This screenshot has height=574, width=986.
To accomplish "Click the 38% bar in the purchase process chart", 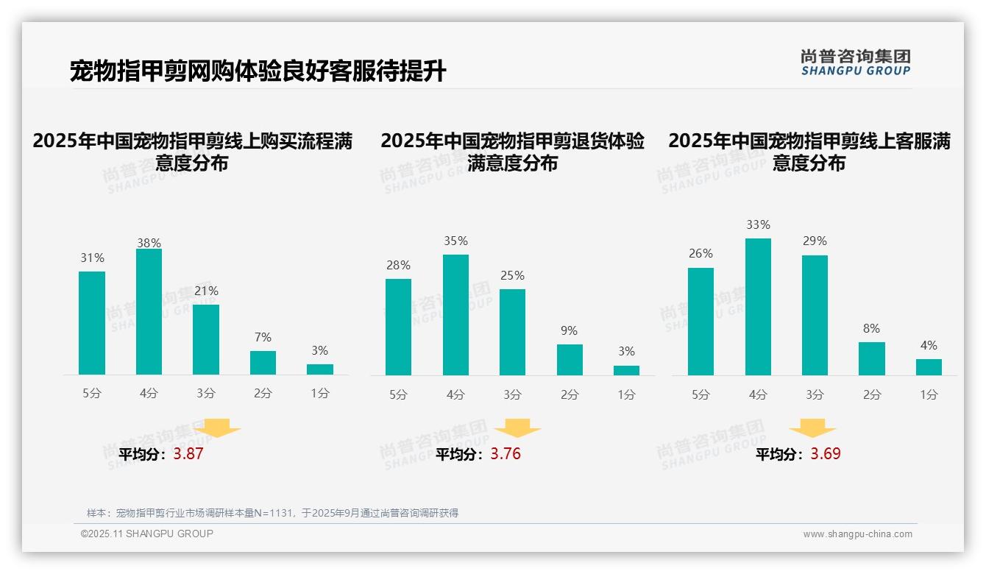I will [149, 312].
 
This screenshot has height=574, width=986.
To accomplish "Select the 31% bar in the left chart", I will [92, 323].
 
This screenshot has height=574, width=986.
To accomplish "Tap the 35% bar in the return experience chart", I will [455, 315].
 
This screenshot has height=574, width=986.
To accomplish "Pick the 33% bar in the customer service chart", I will [758, 307].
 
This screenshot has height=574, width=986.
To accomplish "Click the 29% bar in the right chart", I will [815, 316].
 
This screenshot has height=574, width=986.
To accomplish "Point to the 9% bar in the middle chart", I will [570, 360].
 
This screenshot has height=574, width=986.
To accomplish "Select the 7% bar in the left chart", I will [263, 363].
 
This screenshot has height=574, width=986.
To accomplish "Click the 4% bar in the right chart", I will [929, 367].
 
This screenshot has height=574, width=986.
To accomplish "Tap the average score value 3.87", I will [188, 454].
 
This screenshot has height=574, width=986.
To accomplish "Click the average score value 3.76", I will [506, 454].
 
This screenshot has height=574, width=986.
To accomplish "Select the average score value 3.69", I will [826, 454].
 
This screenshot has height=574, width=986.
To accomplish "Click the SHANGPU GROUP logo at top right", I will [856, 63].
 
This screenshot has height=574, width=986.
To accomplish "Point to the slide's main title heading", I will [258, 71].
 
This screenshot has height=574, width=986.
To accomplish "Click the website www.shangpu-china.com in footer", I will [857, 534].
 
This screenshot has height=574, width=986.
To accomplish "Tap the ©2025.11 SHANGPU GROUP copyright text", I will [147, 534].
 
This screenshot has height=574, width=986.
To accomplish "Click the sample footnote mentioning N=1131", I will [272, 513].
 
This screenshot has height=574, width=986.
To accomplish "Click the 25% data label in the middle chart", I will [512, 276].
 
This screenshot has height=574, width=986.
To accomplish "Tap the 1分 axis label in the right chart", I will [929, 395].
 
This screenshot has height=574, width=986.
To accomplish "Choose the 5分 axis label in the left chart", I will [92, 394].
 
